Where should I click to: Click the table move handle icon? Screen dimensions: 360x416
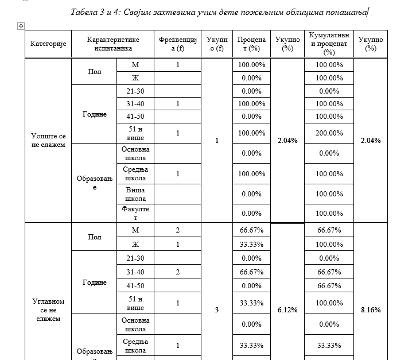tap(21, 26)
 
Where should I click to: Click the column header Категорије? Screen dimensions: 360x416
tap(48, 44)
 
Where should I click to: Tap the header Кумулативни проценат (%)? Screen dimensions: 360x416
tap(329, 44)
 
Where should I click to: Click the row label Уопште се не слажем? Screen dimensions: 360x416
tap(48, 140)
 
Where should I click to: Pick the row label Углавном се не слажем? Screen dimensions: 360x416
tap(48, 309)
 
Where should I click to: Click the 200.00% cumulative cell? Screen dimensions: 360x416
tap(329, 133)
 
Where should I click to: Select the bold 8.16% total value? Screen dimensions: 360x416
tap(371, 309)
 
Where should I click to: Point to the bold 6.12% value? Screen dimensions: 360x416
tap(287, 309)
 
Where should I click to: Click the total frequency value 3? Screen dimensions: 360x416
tap(216, 310)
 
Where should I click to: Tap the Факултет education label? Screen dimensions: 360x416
tap(135, 213)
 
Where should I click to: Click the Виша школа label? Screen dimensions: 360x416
tap(135, 193)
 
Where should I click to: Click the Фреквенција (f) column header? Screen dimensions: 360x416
tap(178, 44)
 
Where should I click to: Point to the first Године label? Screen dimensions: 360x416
tap(94, 114)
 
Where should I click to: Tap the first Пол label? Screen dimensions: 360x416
tap(94, 72)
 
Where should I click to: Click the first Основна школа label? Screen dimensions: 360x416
tap(135, 153)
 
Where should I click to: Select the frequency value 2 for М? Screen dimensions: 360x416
tap(178, 230)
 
